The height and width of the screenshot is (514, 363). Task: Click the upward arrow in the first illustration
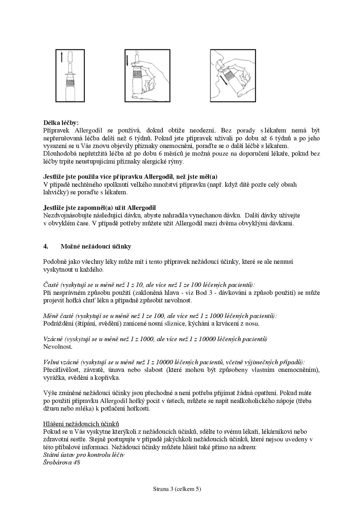62,57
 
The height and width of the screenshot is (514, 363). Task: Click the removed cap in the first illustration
70,57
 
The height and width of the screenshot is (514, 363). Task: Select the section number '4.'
46,246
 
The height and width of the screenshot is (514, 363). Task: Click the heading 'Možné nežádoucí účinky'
96,246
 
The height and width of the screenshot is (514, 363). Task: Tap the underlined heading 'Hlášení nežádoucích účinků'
81,424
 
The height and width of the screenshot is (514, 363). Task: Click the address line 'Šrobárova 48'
61,462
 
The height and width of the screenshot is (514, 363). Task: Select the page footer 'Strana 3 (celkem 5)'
177,489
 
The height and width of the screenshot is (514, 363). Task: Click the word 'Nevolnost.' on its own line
58,347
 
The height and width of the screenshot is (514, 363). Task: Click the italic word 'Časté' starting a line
51,285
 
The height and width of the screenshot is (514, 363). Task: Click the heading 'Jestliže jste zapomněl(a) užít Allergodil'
100,208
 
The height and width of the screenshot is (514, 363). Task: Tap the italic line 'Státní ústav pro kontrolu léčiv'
84,455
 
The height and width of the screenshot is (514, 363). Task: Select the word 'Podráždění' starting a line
58,324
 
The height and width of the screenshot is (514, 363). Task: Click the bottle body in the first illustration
70,91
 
